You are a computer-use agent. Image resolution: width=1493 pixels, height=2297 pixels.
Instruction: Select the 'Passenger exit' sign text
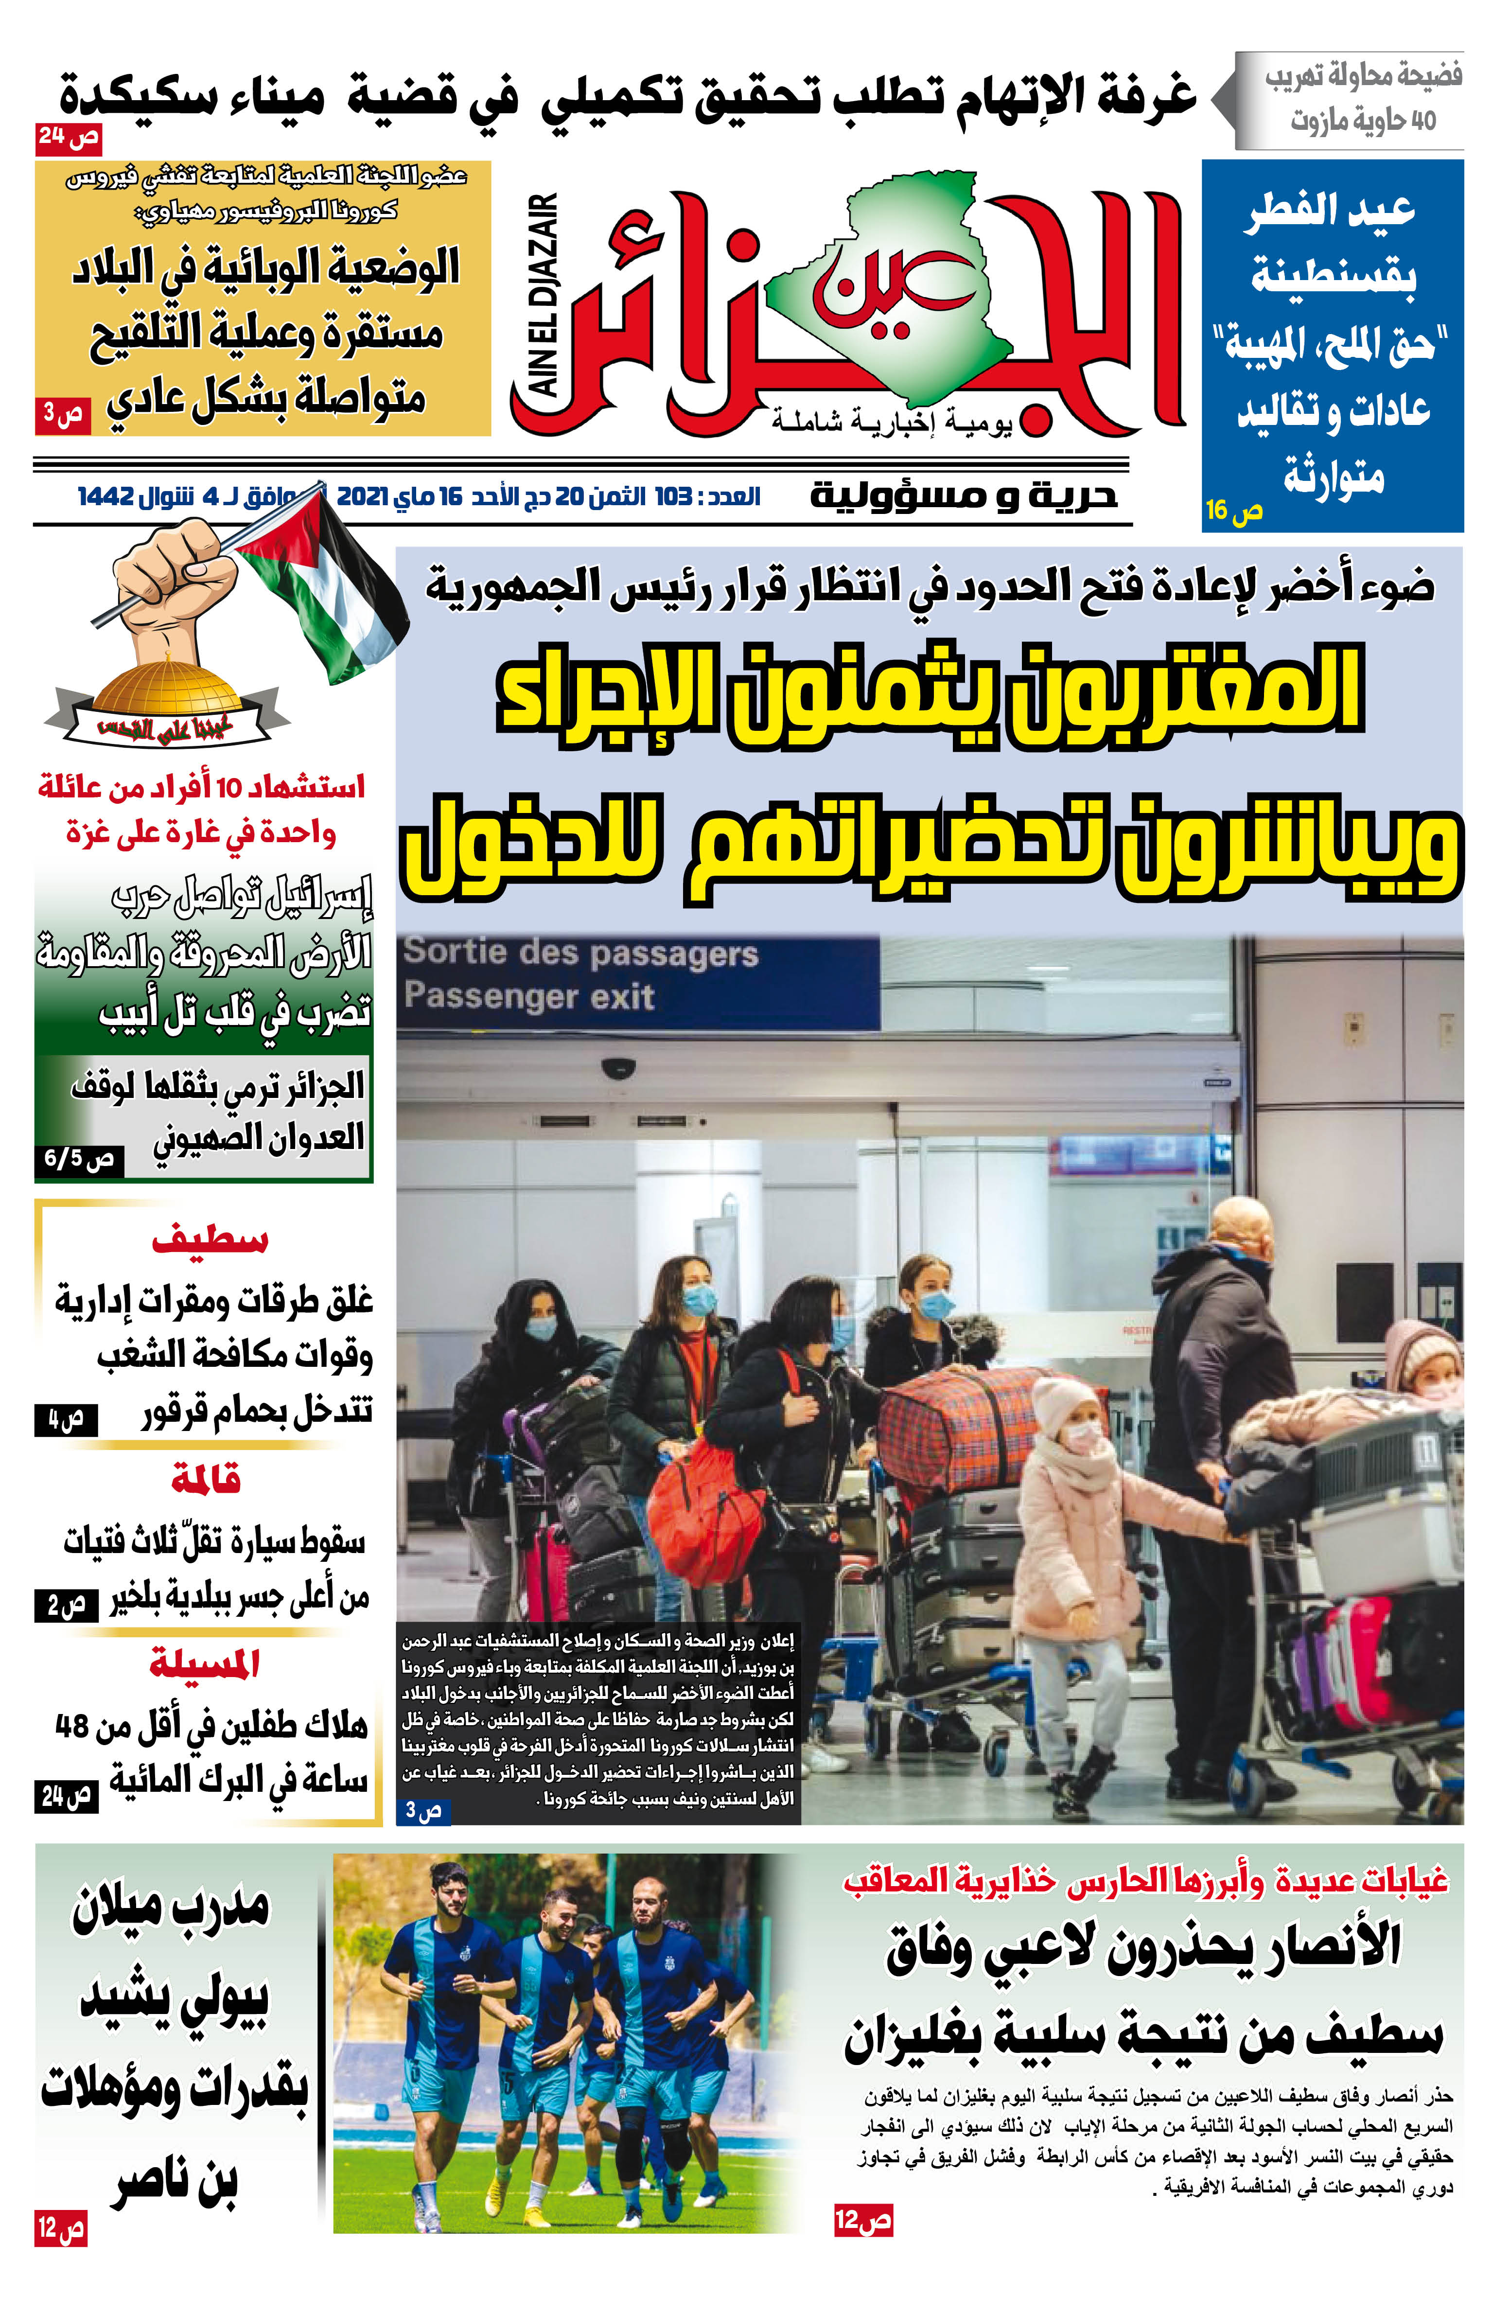point(529,996)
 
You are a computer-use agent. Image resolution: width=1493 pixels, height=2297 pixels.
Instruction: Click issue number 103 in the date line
point(674,497)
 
